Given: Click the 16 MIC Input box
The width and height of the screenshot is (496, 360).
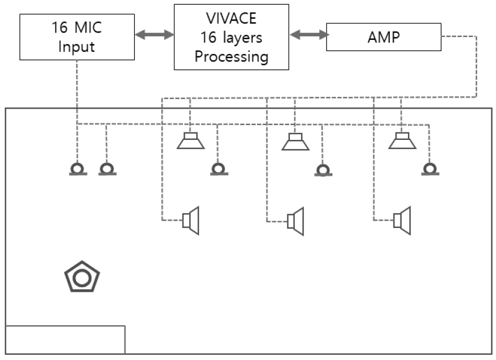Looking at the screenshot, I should [76, 37].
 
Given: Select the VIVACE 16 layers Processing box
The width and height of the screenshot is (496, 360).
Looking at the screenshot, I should [231, 37].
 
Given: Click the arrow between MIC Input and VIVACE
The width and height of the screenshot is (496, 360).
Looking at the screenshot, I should [153, 35].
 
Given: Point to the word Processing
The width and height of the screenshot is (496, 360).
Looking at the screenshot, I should [231, 57].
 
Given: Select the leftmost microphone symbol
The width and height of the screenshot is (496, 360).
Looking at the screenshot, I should [78, 169].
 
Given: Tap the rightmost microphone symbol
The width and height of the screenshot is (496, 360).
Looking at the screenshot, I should [430, 169].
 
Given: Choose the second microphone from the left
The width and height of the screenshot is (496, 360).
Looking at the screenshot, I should [107, 169].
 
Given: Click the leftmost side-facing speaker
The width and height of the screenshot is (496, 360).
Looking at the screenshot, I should [190, 220].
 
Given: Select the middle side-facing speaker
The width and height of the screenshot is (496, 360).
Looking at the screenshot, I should [296, 220].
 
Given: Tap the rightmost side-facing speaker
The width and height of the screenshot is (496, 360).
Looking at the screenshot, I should [402, 220].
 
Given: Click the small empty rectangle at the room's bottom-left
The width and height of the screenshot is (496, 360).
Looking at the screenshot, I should [65, 340].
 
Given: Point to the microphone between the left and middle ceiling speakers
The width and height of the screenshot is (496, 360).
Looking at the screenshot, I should [218, 169].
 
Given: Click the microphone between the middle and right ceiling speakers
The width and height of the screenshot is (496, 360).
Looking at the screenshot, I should [322, 170].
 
